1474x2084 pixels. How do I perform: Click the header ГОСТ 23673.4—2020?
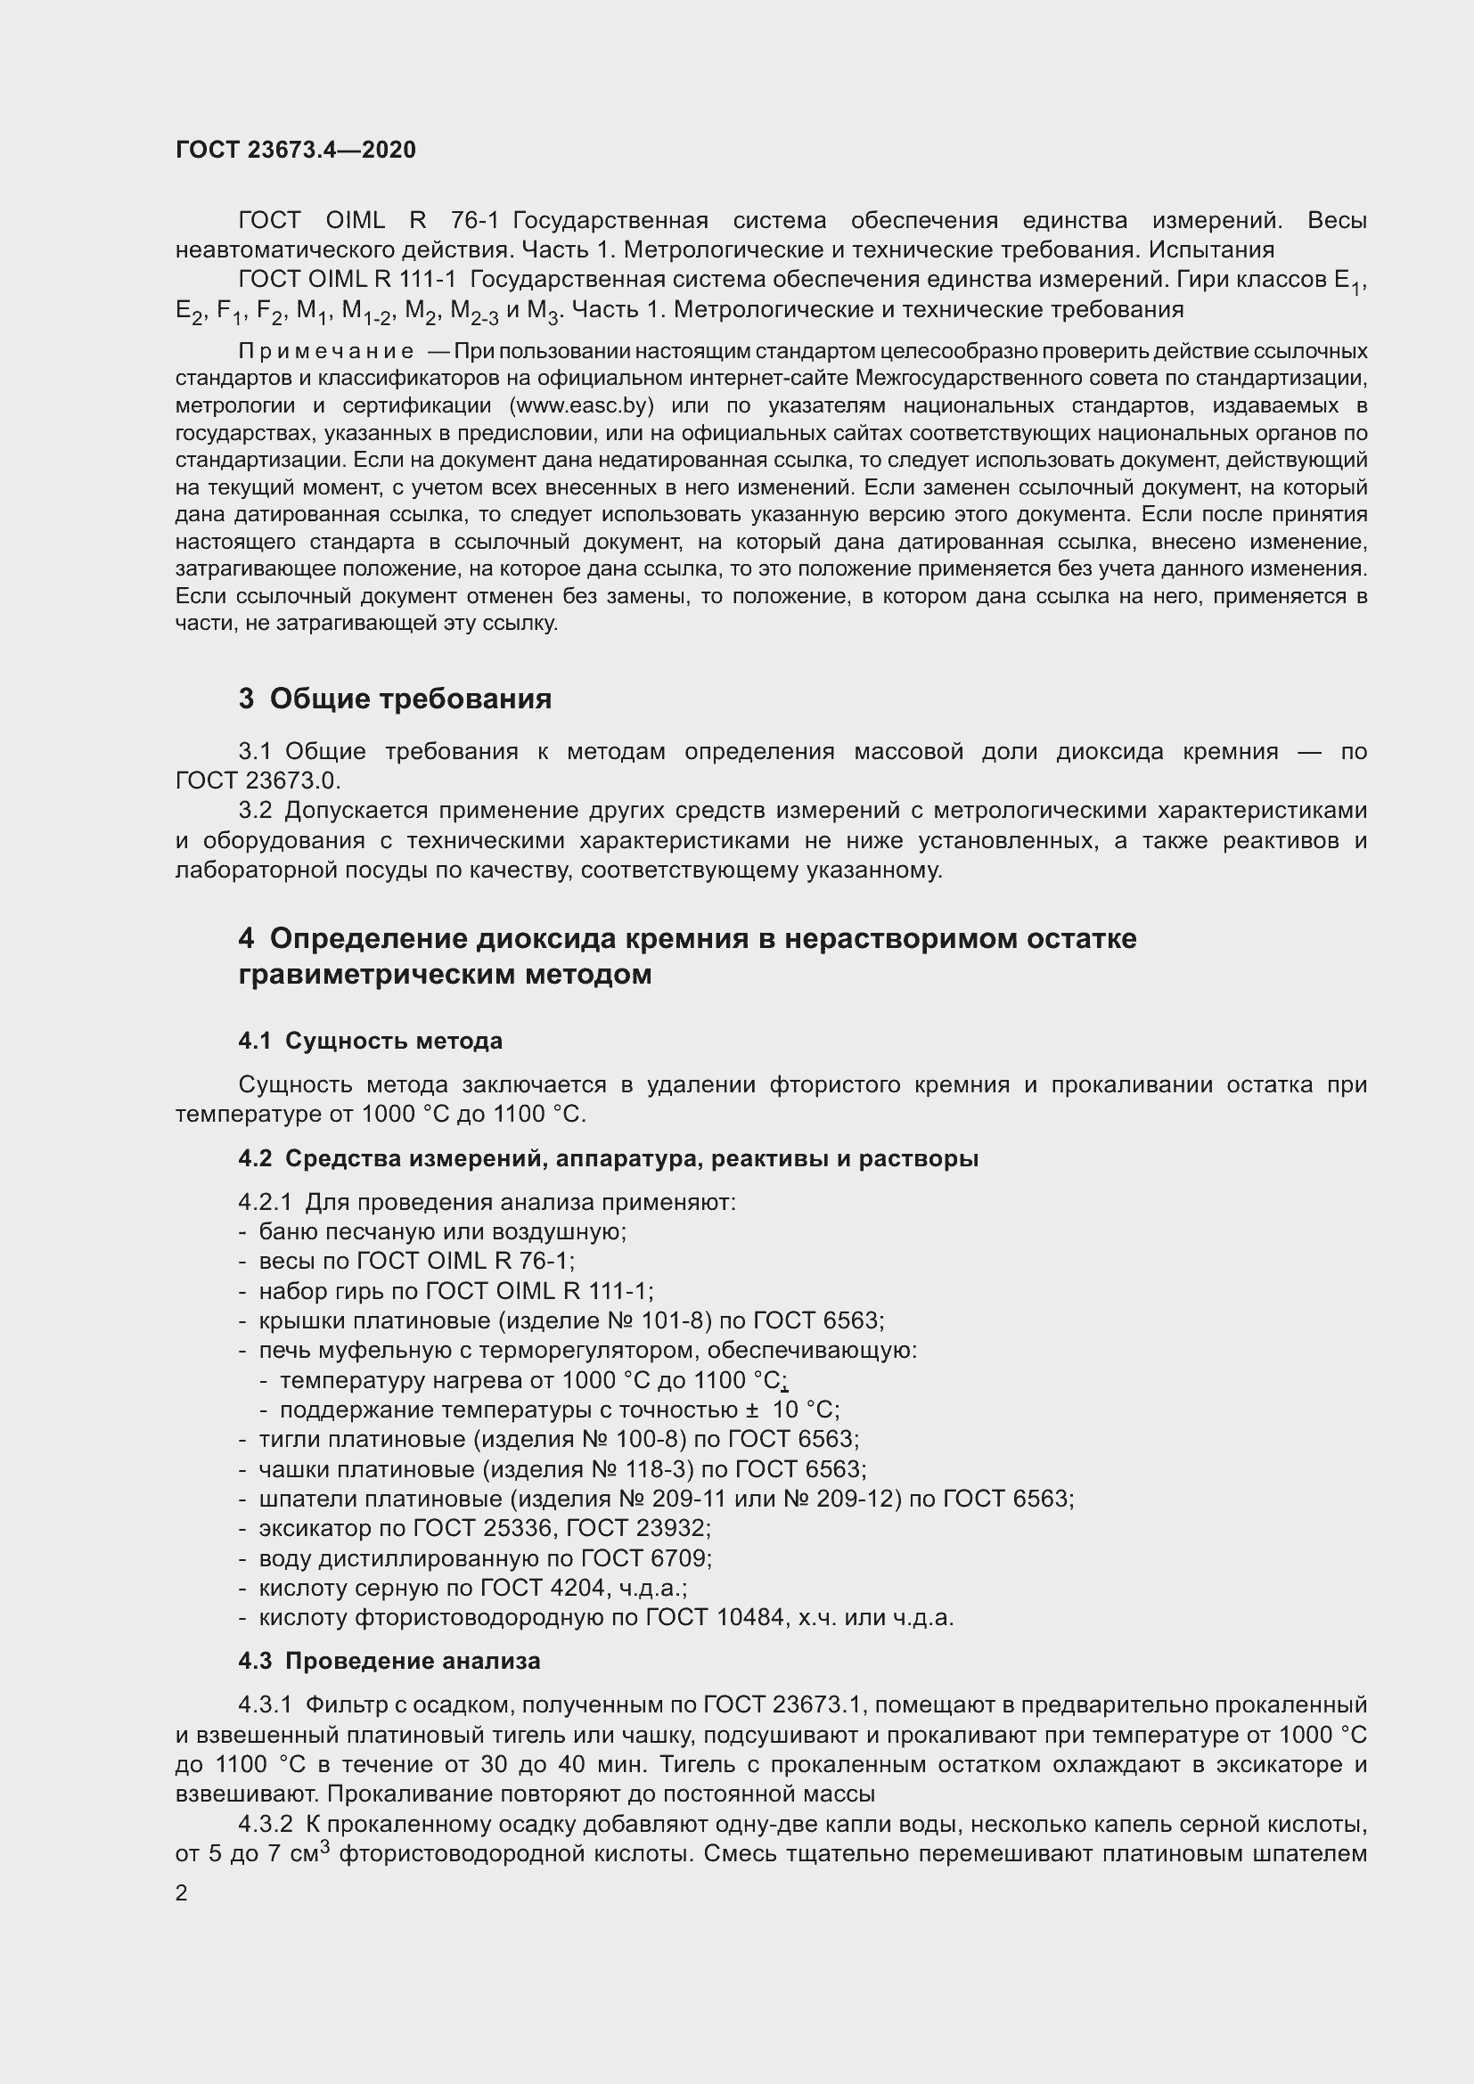[295, 150]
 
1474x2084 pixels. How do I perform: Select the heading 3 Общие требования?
[395, 698]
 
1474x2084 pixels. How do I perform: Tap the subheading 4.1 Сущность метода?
[371, 1040]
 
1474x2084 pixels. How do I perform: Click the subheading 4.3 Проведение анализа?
[389, 1661]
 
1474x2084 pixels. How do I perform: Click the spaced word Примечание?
[326, 351]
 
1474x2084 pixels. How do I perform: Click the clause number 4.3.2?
[265, 1825]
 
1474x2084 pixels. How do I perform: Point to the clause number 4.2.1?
[265, 1203]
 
